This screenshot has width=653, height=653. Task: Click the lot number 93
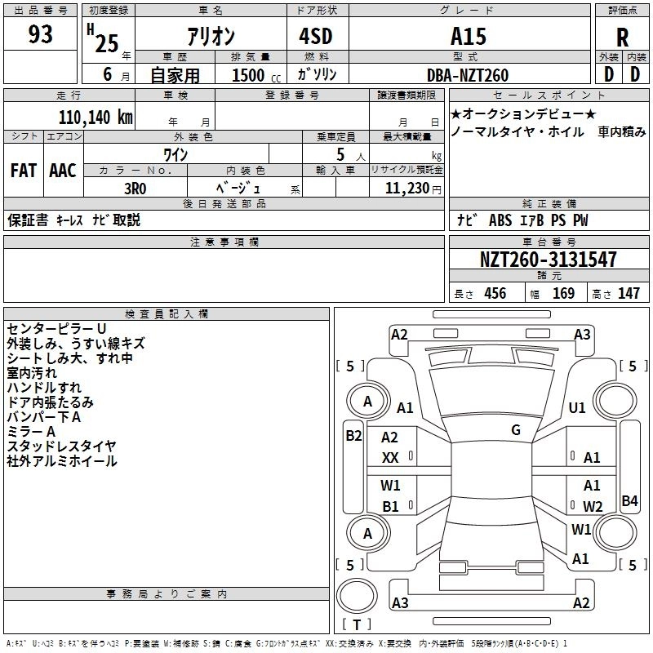pyautogui.click(x=41, y=35)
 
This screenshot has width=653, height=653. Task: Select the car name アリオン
pyautogui.click(x=211, y=38)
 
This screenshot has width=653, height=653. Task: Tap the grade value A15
pyautogui.click(x=468, y=37)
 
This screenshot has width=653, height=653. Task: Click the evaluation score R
pyautogui.click(x=622, y=38)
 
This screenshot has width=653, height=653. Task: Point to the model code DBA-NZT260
pyautogui.click(x=468, y=75)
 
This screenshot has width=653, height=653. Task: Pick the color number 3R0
pyautogui.click(x=135, y=187)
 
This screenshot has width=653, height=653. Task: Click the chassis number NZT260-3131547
pyautogui.click(x=548, y=260)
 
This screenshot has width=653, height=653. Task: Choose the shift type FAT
pyautogui.click(x=24, y=171)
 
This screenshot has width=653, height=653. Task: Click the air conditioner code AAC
pyautogui.click(x=63, y=171)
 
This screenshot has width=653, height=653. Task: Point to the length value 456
pyautogui.click(x=495, y=294)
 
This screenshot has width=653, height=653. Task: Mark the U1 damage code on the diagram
pyautogui.click(x=577, y=408)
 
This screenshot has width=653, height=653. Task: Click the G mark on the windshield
pyautogui.click(x=516, y=430)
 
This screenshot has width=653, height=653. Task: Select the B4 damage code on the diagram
pyautogui.click(x=629, y=501)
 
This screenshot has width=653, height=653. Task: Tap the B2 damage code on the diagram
pyautogui.click(x=353, y=436)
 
